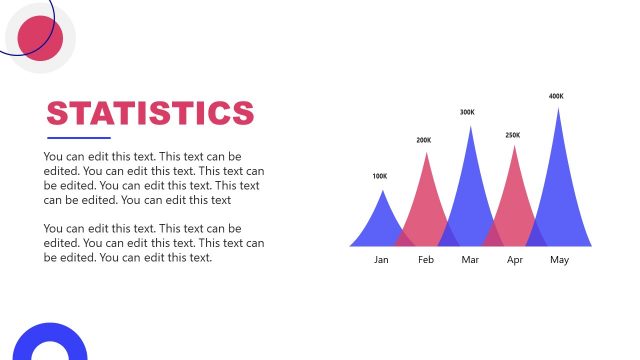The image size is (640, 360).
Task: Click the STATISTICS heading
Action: click(x=150, y=112)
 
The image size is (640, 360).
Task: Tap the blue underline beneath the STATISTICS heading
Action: click(x=79, y=138)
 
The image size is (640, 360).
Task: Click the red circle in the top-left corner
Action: click(x=41, y=38)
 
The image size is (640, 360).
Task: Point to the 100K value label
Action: click(x=380, y=177)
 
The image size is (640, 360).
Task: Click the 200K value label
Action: click(x=424, y=141)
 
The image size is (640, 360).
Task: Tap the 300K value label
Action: click(x=467, y=113)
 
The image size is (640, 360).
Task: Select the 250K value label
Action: click(x=513, y=135)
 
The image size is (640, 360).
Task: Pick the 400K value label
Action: click(x=557, y=97)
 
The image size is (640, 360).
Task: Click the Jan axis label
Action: click(x=381, y=260)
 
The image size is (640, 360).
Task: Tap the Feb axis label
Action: click(x=426, y=260)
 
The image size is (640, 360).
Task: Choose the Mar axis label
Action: click(x=471, y=260)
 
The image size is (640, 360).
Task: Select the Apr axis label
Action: click(x=515, y=260)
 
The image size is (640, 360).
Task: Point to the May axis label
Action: click(x=559, y=260)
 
